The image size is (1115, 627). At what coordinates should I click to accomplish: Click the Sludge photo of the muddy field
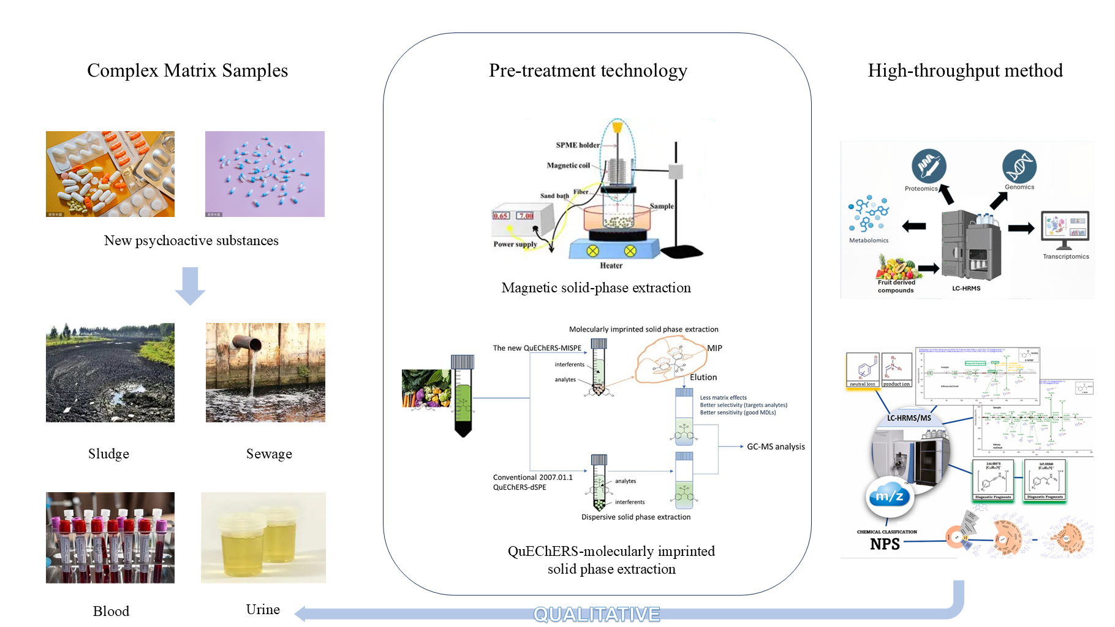pos(110,373)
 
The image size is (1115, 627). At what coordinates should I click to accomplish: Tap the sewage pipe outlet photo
pos(265,373)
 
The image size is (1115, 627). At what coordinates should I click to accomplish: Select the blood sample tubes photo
pos(110,538)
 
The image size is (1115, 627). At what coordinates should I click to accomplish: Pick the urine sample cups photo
pos(263,538)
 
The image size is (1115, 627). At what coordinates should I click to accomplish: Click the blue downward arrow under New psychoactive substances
pos(190,286)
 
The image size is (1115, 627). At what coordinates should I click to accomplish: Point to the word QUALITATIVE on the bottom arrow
pos(597,614)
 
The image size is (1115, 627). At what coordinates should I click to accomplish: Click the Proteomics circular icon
pos(929,166)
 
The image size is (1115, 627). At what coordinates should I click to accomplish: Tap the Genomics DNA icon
pos(1019,166)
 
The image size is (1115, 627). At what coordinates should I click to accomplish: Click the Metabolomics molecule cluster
pos(868,215)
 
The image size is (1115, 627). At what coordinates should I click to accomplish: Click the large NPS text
pos(885,544)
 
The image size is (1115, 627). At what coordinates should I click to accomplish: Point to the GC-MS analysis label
pos(776,447)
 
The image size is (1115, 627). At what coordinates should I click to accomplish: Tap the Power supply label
pos(515,244)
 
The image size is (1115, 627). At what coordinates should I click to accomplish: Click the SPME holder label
pos(577,145)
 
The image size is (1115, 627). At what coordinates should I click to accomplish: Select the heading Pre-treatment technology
pos(588,70)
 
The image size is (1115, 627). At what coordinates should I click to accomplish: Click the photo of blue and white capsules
pos(265,174)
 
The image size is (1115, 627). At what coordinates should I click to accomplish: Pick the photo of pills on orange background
pos(110,174)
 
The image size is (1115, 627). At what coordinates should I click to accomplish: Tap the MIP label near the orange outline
pos(715,348)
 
